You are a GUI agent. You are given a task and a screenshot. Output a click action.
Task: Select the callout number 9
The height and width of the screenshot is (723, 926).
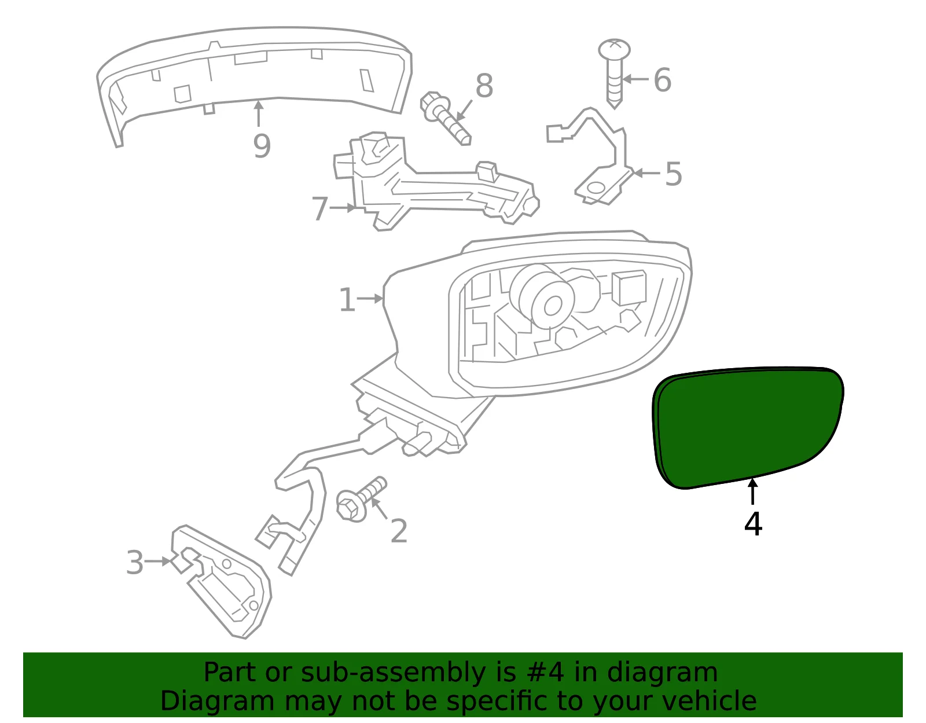262,146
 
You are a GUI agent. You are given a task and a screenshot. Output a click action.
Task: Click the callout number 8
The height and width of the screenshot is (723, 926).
484,86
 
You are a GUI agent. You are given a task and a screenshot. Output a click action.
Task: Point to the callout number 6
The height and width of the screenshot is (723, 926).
662,80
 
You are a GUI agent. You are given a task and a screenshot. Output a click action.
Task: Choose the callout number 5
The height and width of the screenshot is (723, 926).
673,174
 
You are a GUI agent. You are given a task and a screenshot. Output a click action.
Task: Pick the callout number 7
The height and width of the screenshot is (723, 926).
319,208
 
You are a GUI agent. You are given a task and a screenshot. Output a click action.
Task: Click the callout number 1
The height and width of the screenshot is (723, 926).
347,299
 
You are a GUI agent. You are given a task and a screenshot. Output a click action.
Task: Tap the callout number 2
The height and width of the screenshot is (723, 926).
399,531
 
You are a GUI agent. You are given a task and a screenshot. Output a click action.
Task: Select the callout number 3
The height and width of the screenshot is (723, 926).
135,563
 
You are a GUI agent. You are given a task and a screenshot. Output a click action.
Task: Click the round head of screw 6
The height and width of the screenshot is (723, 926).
614,50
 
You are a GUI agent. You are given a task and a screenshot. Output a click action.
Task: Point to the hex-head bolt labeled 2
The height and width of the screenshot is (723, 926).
361,499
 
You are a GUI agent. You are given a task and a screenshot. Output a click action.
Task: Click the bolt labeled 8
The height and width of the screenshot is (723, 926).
444,118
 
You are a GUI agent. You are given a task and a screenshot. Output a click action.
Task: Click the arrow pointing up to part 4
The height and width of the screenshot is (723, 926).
752,491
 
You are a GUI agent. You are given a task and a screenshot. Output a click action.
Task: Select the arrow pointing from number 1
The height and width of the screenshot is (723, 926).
369,299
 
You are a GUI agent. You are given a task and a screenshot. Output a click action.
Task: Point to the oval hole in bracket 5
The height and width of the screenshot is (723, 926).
596,188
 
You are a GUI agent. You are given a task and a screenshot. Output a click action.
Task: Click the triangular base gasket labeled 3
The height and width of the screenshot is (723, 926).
221,582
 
